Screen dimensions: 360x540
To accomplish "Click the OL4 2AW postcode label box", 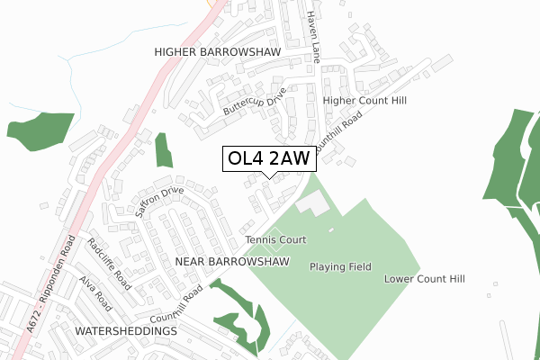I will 269,159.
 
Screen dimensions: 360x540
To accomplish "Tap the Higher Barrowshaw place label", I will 218,52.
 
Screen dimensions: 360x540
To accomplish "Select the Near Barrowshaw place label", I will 233,261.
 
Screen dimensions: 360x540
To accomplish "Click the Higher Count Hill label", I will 364,101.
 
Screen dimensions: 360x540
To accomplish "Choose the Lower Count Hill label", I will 424,279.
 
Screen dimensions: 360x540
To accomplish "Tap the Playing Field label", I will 340,267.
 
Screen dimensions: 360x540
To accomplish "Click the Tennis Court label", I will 276,240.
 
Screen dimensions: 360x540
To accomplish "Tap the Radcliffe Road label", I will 109,263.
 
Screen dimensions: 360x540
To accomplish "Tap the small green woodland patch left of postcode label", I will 163,149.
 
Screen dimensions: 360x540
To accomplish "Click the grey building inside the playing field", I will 313,203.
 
